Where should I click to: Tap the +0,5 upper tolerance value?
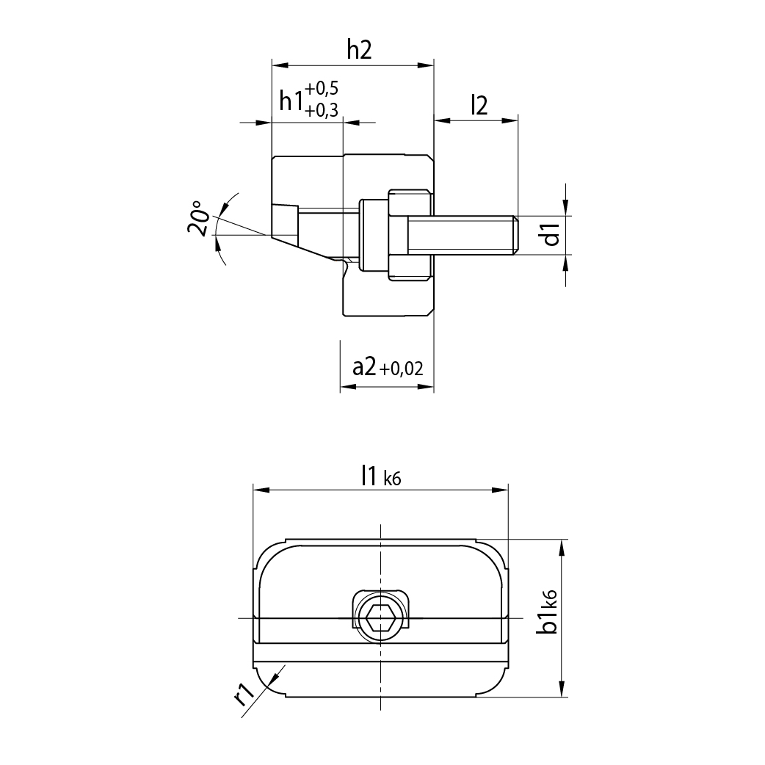click(322, 89)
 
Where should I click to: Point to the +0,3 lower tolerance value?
click(322, 111)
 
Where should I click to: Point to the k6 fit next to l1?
click(393, 479)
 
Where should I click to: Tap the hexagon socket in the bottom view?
click(380, 618)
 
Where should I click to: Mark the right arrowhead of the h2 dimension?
click(427, 65)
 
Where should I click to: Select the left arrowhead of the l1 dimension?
click(260, 489)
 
